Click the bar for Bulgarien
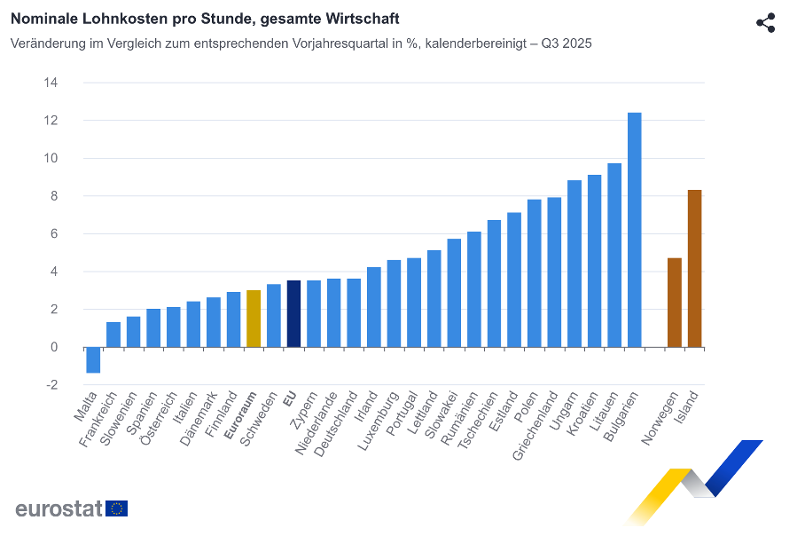point(634,230)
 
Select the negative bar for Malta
point(93,360)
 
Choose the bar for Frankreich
point(113,335)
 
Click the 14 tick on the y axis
point(51,83)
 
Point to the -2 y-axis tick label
point(51,385)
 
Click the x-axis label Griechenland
point(536,424)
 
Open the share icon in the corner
point(766,23)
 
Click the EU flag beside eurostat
point(117,508)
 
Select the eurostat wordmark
point(58,508)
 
